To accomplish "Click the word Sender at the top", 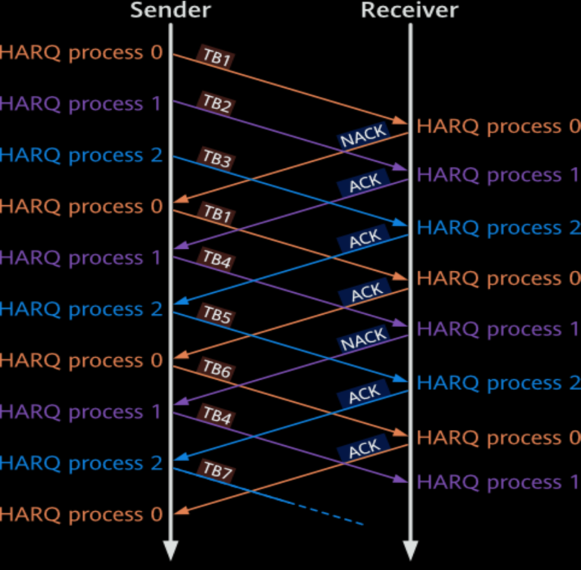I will pos(170,10).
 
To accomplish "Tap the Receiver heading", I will pos(409,10).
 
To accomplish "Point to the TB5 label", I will pos(216,315).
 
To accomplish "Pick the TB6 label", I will pos(216,369).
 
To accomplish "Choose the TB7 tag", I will pos(217,470).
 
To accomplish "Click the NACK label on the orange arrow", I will pos(363,135).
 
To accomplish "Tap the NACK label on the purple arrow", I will pos(364,340).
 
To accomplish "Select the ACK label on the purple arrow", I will pos(365,183).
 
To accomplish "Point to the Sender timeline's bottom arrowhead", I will pos(171,551).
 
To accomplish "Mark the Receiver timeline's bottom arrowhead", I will pos(410,551).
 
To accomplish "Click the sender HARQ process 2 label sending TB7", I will pos(82,463).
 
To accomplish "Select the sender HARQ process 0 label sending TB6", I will pos(82,360).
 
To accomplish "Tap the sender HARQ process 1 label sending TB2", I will pos(82,104).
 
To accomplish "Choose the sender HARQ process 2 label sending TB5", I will pos(82,309).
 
